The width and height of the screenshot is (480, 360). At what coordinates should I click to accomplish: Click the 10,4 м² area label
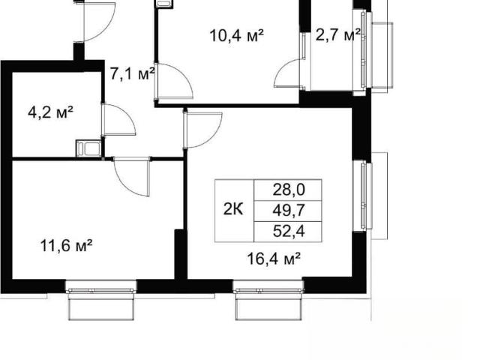pyautogui.click(x=236, y=36)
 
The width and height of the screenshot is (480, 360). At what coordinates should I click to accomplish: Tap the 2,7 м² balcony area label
pyautogui.click(x=337, y=35)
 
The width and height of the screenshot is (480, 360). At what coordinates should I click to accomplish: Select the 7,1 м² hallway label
pyautogui.click(x=132, y=74)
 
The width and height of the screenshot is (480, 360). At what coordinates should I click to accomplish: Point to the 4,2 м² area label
pyautogui.click(x=50, y=113)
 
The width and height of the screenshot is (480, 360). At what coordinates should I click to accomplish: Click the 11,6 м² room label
pyautogui.click(x=67, y=245)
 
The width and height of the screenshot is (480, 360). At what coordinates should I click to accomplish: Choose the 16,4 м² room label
pyautogui.click(x=273, y=259)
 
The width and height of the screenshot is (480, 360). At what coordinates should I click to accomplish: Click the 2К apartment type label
pyautogui.click(x=233, y=210)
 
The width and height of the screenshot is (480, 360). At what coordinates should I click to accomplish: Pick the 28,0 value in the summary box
pyautogui.click(x=289, y=190)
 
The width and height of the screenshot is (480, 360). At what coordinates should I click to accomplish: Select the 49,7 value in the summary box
pyautogui.click(x=289, y=211)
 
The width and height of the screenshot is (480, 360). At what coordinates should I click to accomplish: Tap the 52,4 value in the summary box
pyautogui.click(x=289, y=232)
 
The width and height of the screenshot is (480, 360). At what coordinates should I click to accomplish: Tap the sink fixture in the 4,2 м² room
pyautogui.click(x=88, y=148)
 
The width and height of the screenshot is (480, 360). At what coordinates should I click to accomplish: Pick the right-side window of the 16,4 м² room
pyautogui.click(x=363, y=196)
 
